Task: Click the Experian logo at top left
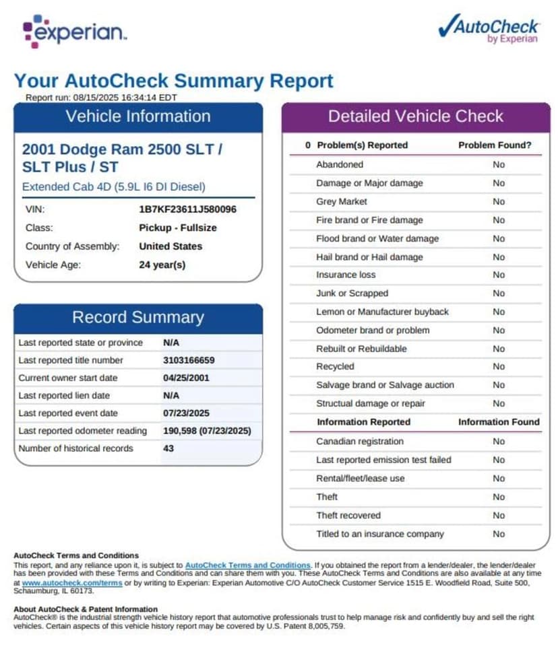tap(74, 31)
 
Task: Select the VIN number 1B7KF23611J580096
tap(187, 209)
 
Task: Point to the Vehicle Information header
tap(138, 116)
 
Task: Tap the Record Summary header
tap(138, 318)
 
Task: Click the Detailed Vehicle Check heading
tap(416, 116)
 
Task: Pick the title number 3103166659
tap(189, 360)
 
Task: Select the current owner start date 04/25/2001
tap(186, 378)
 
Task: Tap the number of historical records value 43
tap(168, 448)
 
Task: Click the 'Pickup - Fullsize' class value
tap(178, 228)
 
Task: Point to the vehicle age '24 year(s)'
tap(162, 265)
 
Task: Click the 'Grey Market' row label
tap(342, 201)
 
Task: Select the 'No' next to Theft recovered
tap(498, 516)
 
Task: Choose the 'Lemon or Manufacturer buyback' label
tap(382, 312)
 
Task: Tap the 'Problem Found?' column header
tap(495, 145)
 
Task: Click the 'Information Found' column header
tap(499, 422)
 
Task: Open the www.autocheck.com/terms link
tap(72, 583)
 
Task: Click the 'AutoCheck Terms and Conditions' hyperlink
tap(247, 565)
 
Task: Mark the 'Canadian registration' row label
tap(360, 442)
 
